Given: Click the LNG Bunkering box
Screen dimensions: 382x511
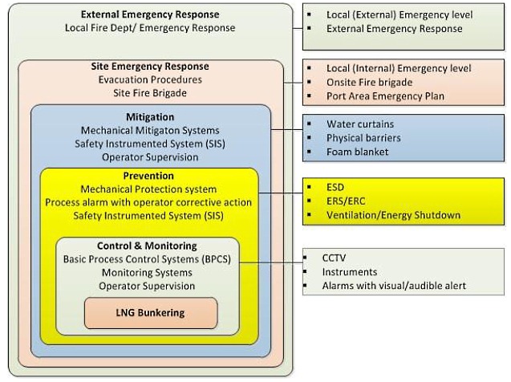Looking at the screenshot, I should pos(150,312).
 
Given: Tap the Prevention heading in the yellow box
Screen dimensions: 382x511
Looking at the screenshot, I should pos(149,176).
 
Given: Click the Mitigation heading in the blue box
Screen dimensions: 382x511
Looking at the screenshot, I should pos(149,117).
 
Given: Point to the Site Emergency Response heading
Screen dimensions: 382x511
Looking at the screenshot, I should pos(150,67).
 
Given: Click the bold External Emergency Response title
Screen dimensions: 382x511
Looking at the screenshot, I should pos(150,14).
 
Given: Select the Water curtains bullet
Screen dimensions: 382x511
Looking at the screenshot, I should pos(361,124).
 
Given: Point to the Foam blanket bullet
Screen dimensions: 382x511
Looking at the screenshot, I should pos(358,152).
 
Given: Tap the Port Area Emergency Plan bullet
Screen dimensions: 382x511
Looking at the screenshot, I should pos(384,96).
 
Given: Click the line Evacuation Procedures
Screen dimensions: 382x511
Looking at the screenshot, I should pos(150,79).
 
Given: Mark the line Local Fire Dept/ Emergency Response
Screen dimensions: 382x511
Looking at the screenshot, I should pos(150,28).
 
